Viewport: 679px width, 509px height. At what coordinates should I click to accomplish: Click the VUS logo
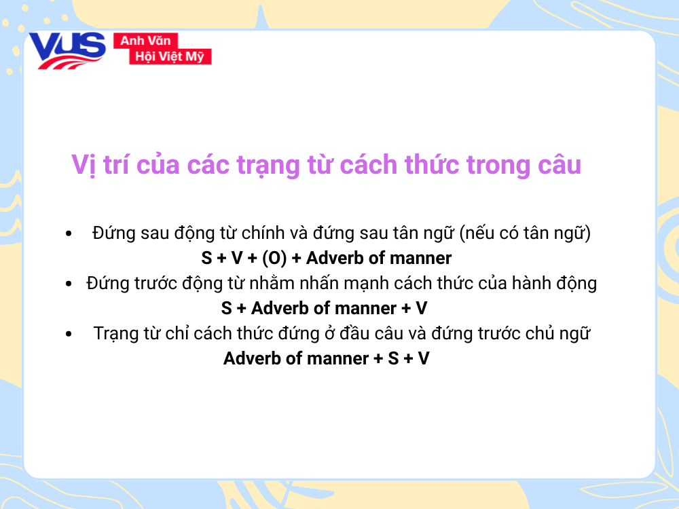pos(67,50)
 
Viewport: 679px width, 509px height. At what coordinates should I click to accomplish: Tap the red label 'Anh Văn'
pos(145,41)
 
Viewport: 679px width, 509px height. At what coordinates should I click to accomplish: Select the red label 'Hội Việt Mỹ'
pos(170,56)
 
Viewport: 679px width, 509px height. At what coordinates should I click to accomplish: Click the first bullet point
pos(69,234)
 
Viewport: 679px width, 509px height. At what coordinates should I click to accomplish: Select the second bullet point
pos(69,284)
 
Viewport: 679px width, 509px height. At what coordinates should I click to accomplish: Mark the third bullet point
pos(69,334)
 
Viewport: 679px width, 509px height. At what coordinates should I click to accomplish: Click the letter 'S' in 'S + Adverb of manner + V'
pos(227,308)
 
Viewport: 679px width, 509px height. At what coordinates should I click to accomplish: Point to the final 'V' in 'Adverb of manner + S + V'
pos(424,358)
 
